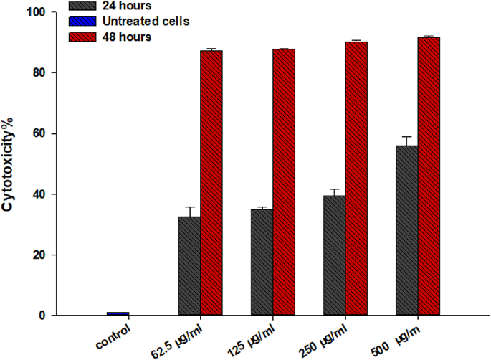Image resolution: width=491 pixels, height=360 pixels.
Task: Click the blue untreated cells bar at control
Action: pos(118,313)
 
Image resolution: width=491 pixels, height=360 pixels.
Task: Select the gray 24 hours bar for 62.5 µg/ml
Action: pos(189,266)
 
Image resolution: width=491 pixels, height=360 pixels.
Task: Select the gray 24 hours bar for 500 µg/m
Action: pos(406,230)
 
